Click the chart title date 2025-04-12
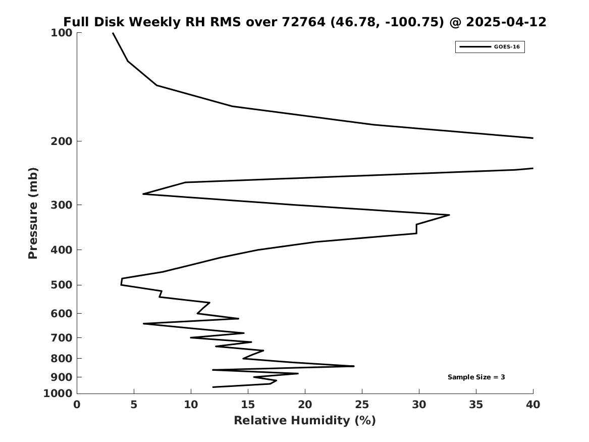506,22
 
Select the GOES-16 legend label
507,47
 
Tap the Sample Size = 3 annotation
476,377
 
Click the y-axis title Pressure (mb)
33,214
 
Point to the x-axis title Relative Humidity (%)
305,420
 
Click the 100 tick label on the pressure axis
61,33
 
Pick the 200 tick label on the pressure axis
61,141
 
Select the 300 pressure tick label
61,205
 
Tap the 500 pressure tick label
61,285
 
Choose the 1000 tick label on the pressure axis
58,394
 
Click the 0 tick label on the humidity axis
77,405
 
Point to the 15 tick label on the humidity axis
248,405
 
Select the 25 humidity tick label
362,405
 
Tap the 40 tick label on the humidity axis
533,405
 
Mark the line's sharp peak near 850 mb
354,366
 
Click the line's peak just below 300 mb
449,215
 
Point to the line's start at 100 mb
113,33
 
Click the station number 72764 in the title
303,22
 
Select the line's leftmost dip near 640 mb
143,324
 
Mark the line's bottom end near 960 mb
213,387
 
